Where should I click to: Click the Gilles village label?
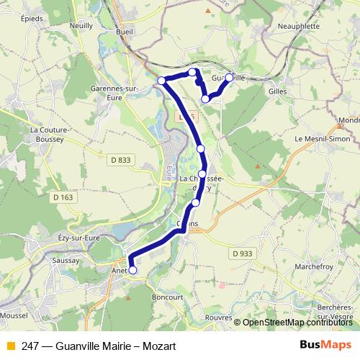point(276,91)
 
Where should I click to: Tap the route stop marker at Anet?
point(132,270)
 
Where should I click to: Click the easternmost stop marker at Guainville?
point(230,77)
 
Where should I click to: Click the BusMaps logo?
point(325,345)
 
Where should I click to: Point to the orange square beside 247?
point(9,346)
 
